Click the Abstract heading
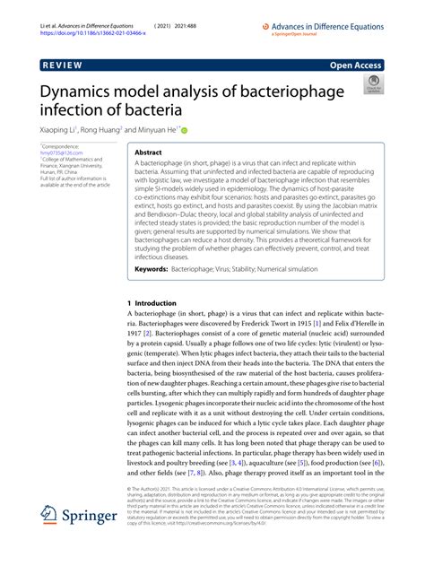click(x=148, y=153)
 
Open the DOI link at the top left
click(x=86, y=16)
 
